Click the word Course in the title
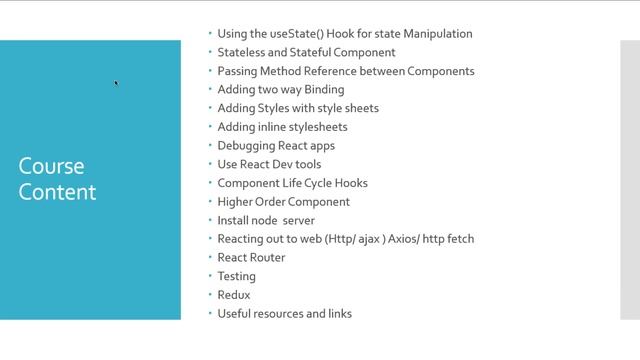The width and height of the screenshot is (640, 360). click(x=51, y=166)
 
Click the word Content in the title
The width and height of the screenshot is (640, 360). click(x=57, y=192)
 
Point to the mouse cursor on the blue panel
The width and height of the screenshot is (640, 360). click(x=116, y=83)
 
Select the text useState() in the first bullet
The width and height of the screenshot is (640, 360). click(x=297, y=34)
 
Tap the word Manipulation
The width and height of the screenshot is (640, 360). click(x=438, y=34)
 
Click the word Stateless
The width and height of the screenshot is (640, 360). click(x=241, y=52)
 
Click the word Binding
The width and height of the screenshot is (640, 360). click(x=324, y=90)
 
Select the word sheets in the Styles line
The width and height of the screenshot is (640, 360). click(x=362, y=108)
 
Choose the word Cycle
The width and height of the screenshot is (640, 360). click(x=318, y=183)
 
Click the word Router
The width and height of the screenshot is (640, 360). click(x=268, y=258)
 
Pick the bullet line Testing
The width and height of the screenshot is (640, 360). click(x=237, y=277)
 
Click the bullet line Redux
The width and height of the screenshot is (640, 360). click(x=234, y=295)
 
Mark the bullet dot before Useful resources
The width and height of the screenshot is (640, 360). click(x=210, y=313)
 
